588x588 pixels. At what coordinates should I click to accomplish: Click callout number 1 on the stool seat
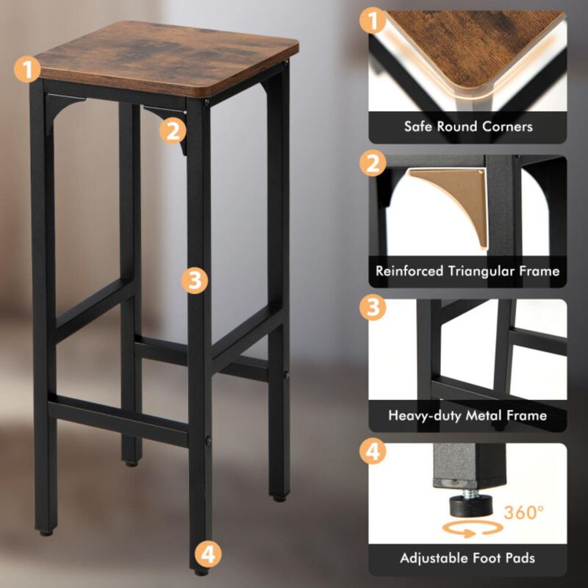coord(28,71)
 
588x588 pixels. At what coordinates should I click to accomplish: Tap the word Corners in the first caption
coord(506,126)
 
